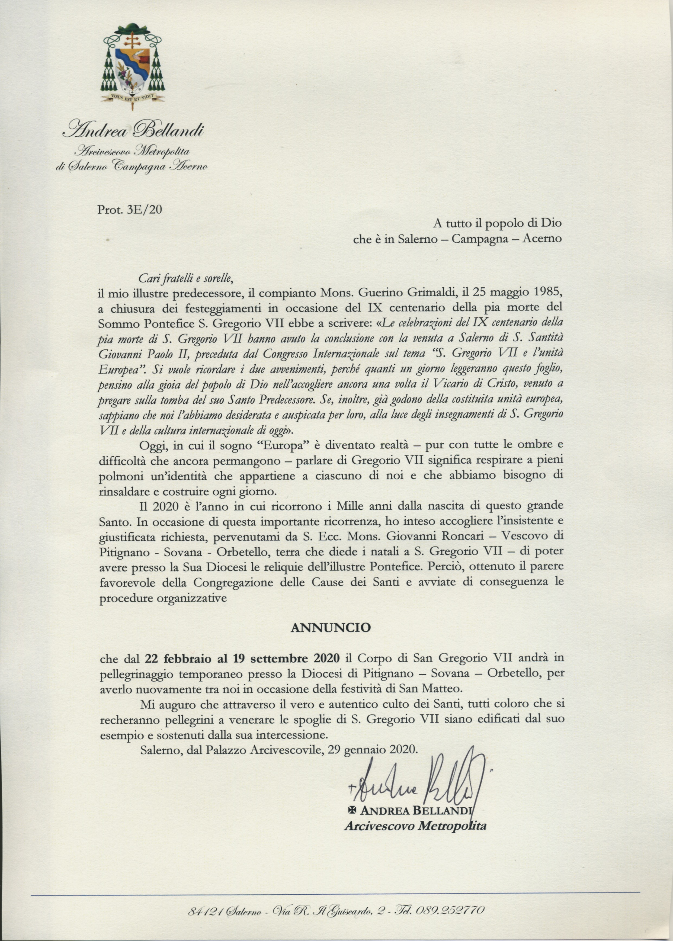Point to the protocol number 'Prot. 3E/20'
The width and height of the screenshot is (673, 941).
click(130, 210)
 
